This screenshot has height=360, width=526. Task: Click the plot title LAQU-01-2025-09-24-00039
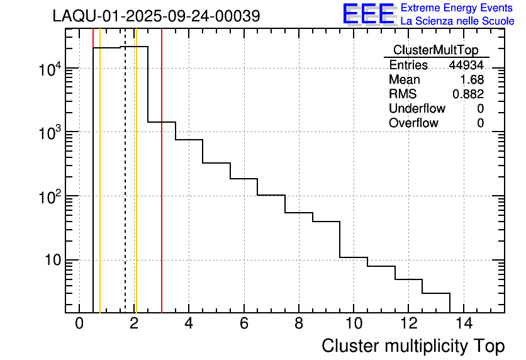coord(156,16)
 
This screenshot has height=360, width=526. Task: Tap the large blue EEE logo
coord(369,14)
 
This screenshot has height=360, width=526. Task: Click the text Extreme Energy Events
coord(457,8)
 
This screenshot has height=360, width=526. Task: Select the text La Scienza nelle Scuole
coord(457,21)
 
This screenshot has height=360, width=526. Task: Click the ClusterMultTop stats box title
coord(435,50)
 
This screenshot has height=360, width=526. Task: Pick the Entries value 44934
coord(466,65)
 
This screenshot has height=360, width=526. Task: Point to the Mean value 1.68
coord(472,80)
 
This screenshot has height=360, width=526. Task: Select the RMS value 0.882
coord(468,94)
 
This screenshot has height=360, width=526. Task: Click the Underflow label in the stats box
coord(417,109)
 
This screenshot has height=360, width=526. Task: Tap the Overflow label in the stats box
coord(413,123)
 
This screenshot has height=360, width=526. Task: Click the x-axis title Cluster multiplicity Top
coord(413,346)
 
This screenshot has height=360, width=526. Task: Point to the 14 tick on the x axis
coord(463,324)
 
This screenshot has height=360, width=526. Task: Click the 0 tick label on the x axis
coord(79,324)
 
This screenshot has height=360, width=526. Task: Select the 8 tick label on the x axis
coord(299,324)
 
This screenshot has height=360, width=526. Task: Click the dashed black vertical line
coord(125,189)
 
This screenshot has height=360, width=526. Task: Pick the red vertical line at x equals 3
coord(162,189)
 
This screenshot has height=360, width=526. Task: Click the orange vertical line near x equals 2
coord(136,189)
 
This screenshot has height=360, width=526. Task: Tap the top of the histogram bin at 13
coord(436,293)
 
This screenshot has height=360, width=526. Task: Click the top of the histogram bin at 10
coord(354,257)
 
